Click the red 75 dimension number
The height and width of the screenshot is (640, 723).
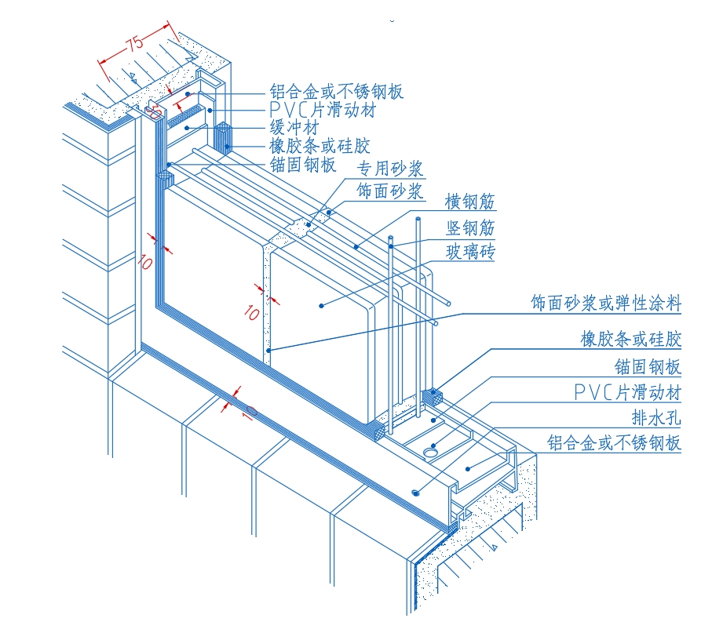tap(134, 43)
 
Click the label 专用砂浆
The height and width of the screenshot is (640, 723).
tap(390, 169)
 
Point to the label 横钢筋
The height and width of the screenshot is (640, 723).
tap(470, 202)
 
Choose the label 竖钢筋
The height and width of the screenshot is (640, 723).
tap(470, 227)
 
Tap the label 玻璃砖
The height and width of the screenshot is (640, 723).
tap(470, 252)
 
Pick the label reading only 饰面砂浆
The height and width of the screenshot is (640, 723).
tap(390, 191)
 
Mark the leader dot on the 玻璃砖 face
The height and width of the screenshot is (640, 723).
tap(321, 305)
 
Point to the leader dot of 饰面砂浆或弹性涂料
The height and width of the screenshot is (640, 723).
tap(268, 350)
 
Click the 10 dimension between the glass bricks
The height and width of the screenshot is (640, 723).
tap(251, 312)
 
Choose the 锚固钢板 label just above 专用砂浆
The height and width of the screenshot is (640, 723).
tap(302, 165)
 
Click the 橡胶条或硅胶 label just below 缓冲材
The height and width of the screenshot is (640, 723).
tap(320, 146)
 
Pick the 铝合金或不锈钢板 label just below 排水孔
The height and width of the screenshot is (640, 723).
tap(614, 443)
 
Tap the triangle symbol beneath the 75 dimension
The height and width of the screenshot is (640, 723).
tap(134, 76)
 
